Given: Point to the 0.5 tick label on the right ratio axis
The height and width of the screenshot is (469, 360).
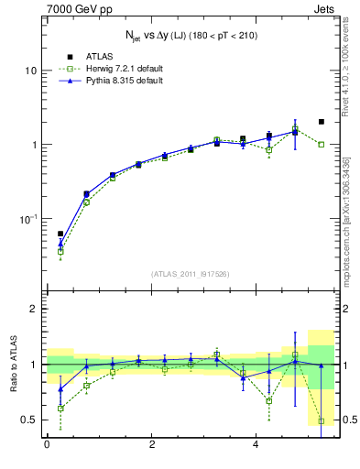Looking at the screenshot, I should click(x=350, y=420).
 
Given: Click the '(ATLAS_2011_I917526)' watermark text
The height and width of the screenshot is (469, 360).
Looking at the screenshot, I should click(x=191, y=274).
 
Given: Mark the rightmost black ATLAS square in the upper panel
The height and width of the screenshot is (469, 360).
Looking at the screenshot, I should click(x=321, y=122).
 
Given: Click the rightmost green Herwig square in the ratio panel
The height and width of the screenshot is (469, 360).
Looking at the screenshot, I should click(x=321, y=421).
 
